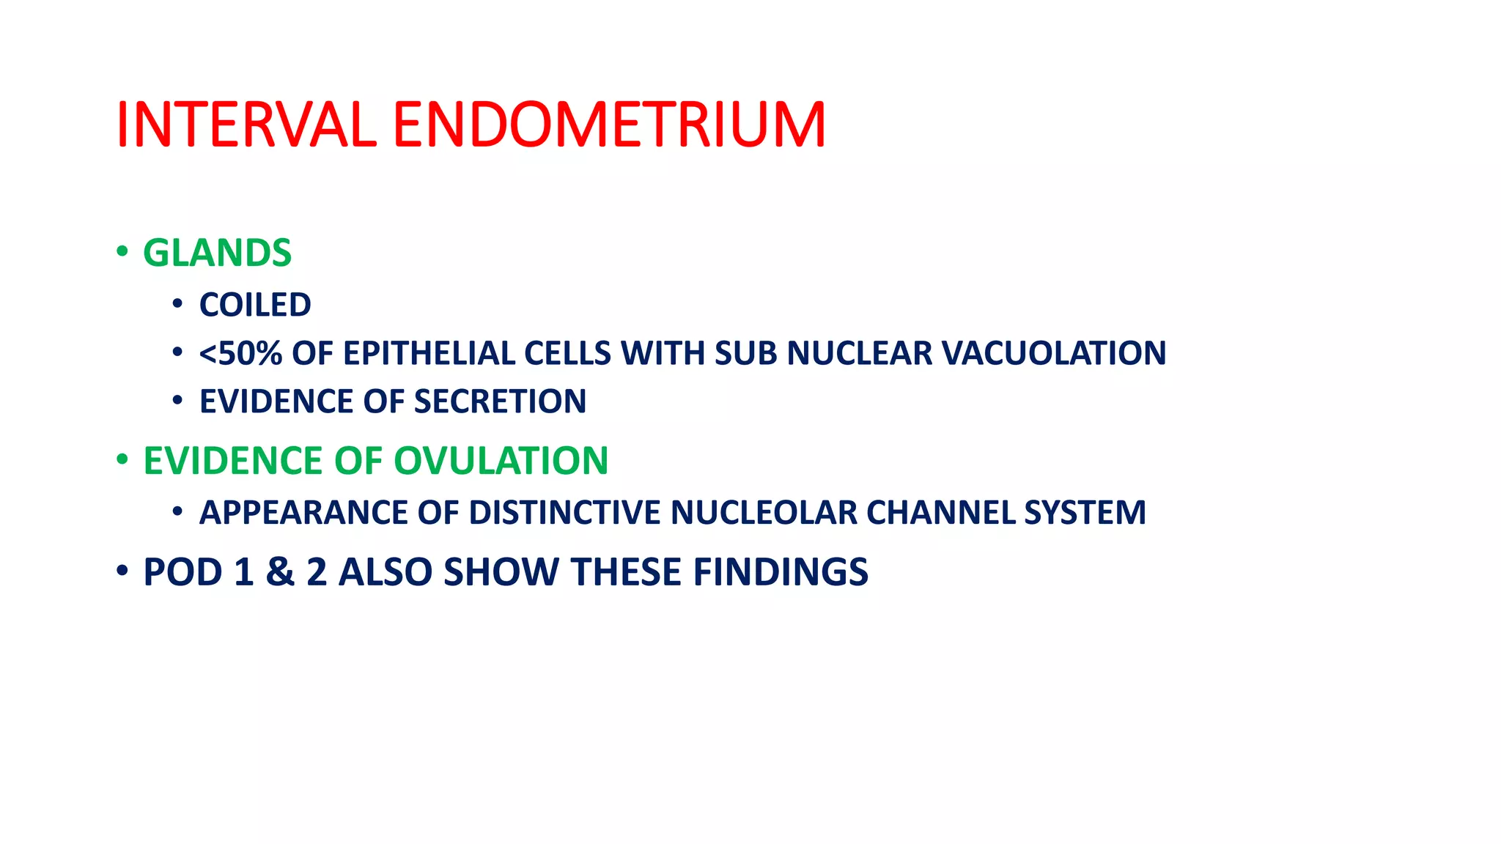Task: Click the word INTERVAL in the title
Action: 246,125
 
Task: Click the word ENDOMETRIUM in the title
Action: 609,125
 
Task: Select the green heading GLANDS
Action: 217,253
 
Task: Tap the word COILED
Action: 255,306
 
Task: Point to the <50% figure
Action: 240,354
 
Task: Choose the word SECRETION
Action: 500,402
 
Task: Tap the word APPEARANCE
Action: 303,513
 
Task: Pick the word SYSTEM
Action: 1085,513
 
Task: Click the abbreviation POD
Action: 182,572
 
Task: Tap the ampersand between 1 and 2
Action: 279,572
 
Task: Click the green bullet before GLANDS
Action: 122,253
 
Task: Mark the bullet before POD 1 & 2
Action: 122,571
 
